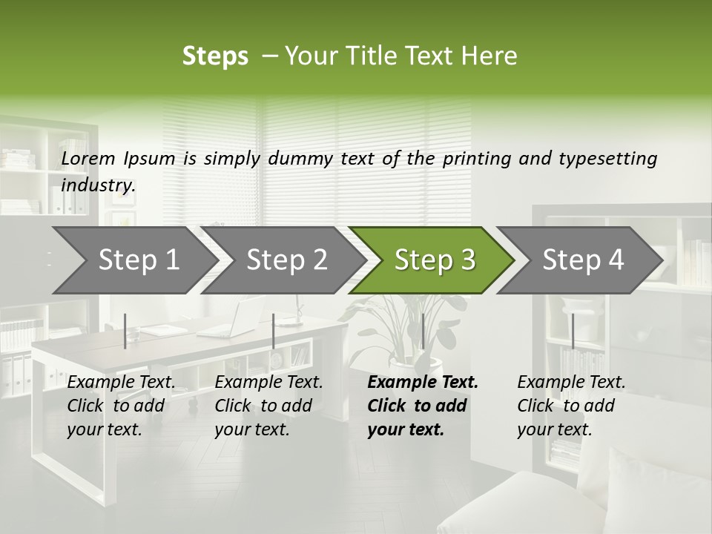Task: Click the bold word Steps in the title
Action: [215, 56]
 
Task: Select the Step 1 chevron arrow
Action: [133, 260]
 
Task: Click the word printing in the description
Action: [475, 158]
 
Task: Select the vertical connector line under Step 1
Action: [125, 331]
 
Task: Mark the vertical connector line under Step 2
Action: [274, 331]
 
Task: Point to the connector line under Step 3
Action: [423, 331]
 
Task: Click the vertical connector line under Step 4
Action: [573, 331]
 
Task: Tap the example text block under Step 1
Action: [121, 406]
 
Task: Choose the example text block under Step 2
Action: [268, 406]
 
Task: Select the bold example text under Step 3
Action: [423, 406]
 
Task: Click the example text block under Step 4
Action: [571, 406]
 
